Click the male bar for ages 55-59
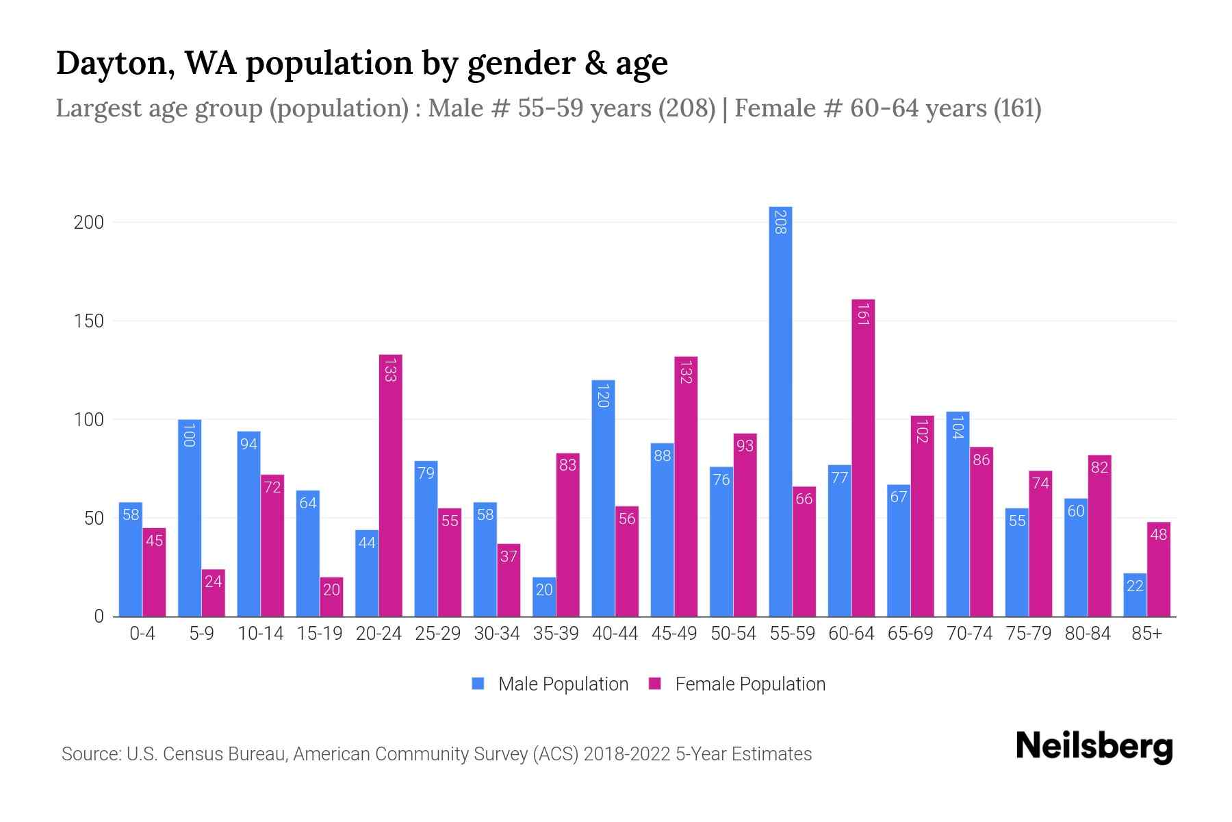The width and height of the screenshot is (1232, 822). click(x=780, y=411)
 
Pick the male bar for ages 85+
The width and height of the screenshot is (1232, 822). click(x=1134, y=595)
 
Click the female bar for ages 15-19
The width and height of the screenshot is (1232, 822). click(x=331, y=597)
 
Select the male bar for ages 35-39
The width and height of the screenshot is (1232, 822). click(x=544, y=597)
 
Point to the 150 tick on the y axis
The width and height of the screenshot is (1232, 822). click(x=88, y=321)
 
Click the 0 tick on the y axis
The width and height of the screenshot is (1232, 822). click(x=99, y=616)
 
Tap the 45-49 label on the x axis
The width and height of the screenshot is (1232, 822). click(x=674, y=634)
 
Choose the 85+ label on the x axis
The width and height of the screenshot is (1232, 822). click(x=1146, y=634)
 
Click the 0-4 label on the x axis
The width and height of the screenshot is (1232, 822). click(x=142, y=634)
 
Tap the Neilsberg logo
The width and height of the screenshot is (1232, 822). click(x=1094, y=747)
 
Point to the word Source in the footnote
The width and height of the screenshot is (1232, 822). click(x=90, y=754)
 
